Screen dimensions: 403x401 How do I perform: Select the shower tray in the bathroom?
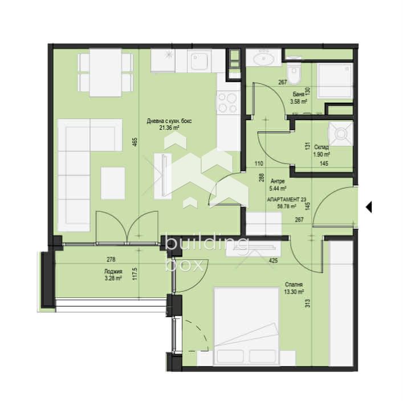tap(335, 81)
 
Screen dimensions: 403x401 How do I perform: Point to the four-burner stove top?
tap(227, 103)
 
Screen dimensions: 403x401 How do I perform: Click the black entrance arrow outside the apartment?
tap(369, 207)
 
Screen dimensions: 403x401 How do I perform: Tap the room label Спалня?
tap(294, 284)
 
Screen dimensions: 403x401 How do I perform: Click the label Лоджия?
tap(113, 271)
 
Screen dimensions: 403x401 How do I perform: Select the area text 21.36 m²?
tap(169, 128)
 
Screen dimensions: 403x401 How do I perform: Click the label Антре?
tap(278, 181)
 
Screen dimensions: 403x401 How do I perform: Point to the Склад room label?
tap(321, 147)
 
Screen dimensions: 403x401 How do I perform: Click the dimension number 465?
tap(135, 142)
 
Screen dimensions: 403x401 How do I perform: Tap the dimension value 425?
tap(273, 260)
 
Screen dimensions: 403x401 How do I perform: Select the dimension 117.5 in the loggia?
tap(136, 274)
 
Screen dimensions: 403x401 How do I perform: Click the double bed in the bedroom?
tap(246, 326)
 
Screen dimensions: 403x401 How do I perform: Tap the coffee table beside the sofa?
tap(113, 183)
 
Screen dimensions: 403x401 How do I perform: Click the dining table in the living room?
tap(105, 73)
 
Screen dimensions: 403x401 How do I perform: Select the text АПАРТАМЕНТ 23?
tap(287, 199)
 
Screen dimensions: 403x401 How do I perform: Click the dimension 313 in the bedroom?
tap(308, 303)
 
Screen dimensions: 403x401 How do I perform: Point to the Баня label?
tap(298, 95)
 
